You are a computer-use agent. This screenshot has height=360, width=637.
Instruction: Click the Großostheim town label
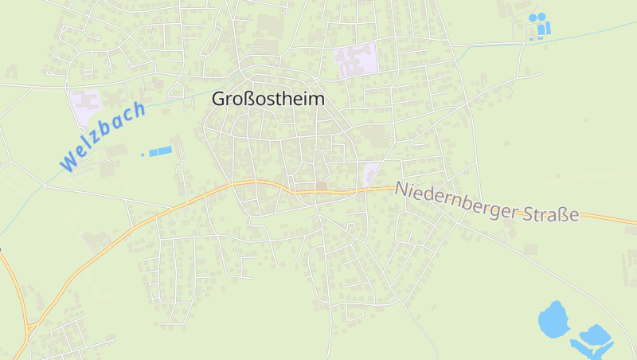(268, 99)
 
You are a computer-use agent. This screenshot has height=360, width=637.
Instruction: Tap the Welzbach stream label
(104, 135)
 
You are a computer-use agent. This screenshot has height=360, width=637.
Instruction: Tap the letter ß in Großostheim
(249, 99)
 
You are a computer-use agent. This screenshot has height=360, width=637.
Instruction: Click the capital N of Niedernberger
(401, 190)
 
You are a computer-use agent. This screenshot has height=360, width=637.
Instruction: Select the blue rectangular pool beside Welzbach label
(160, 151)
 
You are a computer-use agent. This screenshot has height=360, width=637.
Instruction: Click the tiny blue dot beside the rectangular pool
(143, 154)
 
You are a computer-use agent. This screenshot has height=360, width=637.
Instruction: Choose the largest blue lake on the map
(552, 320)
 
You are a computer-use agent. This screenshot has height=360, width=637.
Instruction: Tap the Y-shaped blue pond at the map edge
(593, 338)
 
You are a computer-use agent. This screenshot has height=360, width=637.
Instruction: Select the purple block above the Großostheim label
(357, 59)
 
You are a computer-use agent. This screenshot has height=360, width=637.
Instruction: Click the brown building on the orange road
(322, 187)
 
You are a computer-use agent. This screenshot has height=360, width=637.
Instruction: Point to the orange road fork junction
(30, 326)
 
